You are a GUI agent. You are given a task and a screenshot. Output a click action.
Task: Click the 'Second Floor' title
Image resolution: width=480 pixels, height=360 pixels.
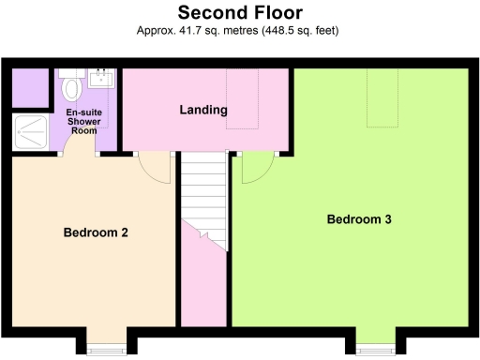point(240,12)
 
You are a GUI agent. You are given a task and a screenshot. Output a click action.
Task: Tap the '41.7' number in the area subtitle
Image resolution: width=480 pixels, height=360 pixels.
point(194,31)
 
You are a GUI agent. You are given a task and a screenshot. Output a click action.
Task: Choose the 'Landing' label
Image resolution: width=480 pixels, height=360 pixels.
point(203,110)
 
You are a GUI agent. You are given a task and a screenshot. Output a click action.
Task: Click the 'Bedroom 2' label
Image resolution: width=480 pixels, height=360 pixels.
point(96,232)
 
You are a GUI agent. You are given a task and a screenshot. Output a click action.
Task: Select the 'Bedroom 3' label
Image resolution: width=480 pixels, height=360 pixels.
point(358,219)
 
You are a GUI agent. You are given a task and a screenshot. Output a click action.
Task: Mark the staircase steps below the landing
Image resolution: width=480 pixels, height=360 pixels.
point(204,187)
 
